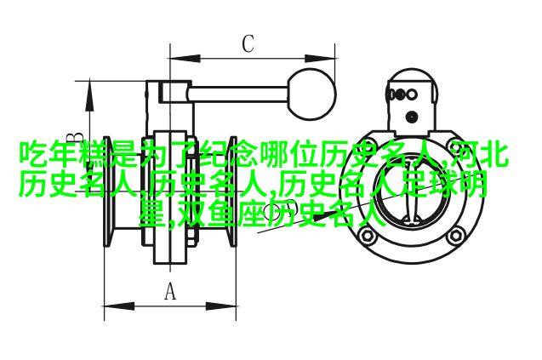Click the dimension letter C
(x=248, y=43)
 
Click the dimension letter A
(x=169, y=292)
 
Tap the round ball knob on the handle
(x=311, y=94)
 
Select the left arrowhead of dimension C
(x=185, y=59)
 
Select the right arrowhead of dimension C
(x=320, y=59)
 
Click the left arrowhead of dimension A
(x=119, y=306)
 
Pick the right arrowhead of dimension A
(x=221, y=306)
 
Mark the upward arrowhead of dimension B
(x=89, y=96)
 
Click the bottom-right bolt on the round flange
(x=455, y=236)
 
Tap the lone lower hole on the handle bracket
(x=411, y=117)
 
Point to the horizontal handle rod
(x=238, y=94)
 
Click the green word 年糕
(x=64, y=152)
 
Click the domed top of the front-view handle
(x=411, y=74)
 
